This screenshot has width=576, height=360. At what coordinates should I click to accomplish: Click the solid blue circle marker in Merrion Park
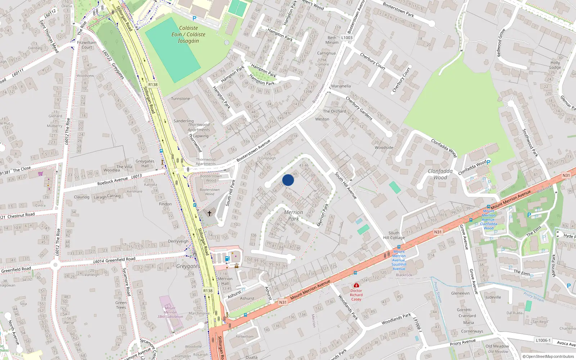click(288, 180)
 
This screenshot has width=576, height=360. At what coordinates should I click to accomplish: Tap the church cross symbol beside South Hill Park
click(210, 213)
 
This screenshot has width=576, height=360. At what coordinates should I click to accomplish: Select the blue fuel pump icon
click(227, 258)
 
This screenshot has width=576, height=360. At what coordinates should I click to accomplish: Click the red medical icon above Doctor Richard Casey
click(356, 285)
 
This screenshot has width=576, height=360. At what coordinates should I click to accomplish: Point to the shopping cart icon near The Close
click(41, 174)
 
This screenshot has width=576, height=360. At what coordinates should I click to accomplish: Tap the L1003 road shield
click(347, 37)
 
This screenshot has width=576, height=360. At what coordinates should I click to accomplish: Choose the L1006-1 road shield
click(543, 340)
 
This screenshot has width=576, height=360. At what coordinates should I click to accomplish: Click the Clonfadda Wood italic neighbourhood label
click(440, 174)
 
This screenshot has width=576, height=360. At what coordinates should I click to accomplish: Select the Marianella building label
click(341, 86)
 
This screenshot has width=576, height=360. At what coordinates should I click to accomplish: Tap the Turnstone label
click(180, 99)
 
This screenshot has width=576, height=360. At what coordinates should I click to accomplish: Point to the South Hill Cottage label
click(394, 235)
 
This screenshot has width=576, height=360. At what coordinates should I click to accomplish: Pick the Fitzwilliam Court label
click(87, 45)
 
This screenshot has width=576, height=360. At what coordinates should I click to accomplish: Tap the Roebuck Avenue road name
click(112, 181)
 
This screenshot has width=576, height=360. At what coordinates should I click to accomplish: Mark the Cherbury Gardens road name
click(359, 108)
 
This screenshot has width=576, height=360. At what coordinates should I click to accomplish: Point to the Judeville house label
click(493, 297)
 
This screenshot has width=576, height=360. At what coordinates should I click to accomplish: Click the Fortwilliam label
click(244, 337)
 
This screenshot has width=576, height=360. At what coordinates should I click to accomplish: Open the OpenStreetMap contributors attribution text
click(548, 356)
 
